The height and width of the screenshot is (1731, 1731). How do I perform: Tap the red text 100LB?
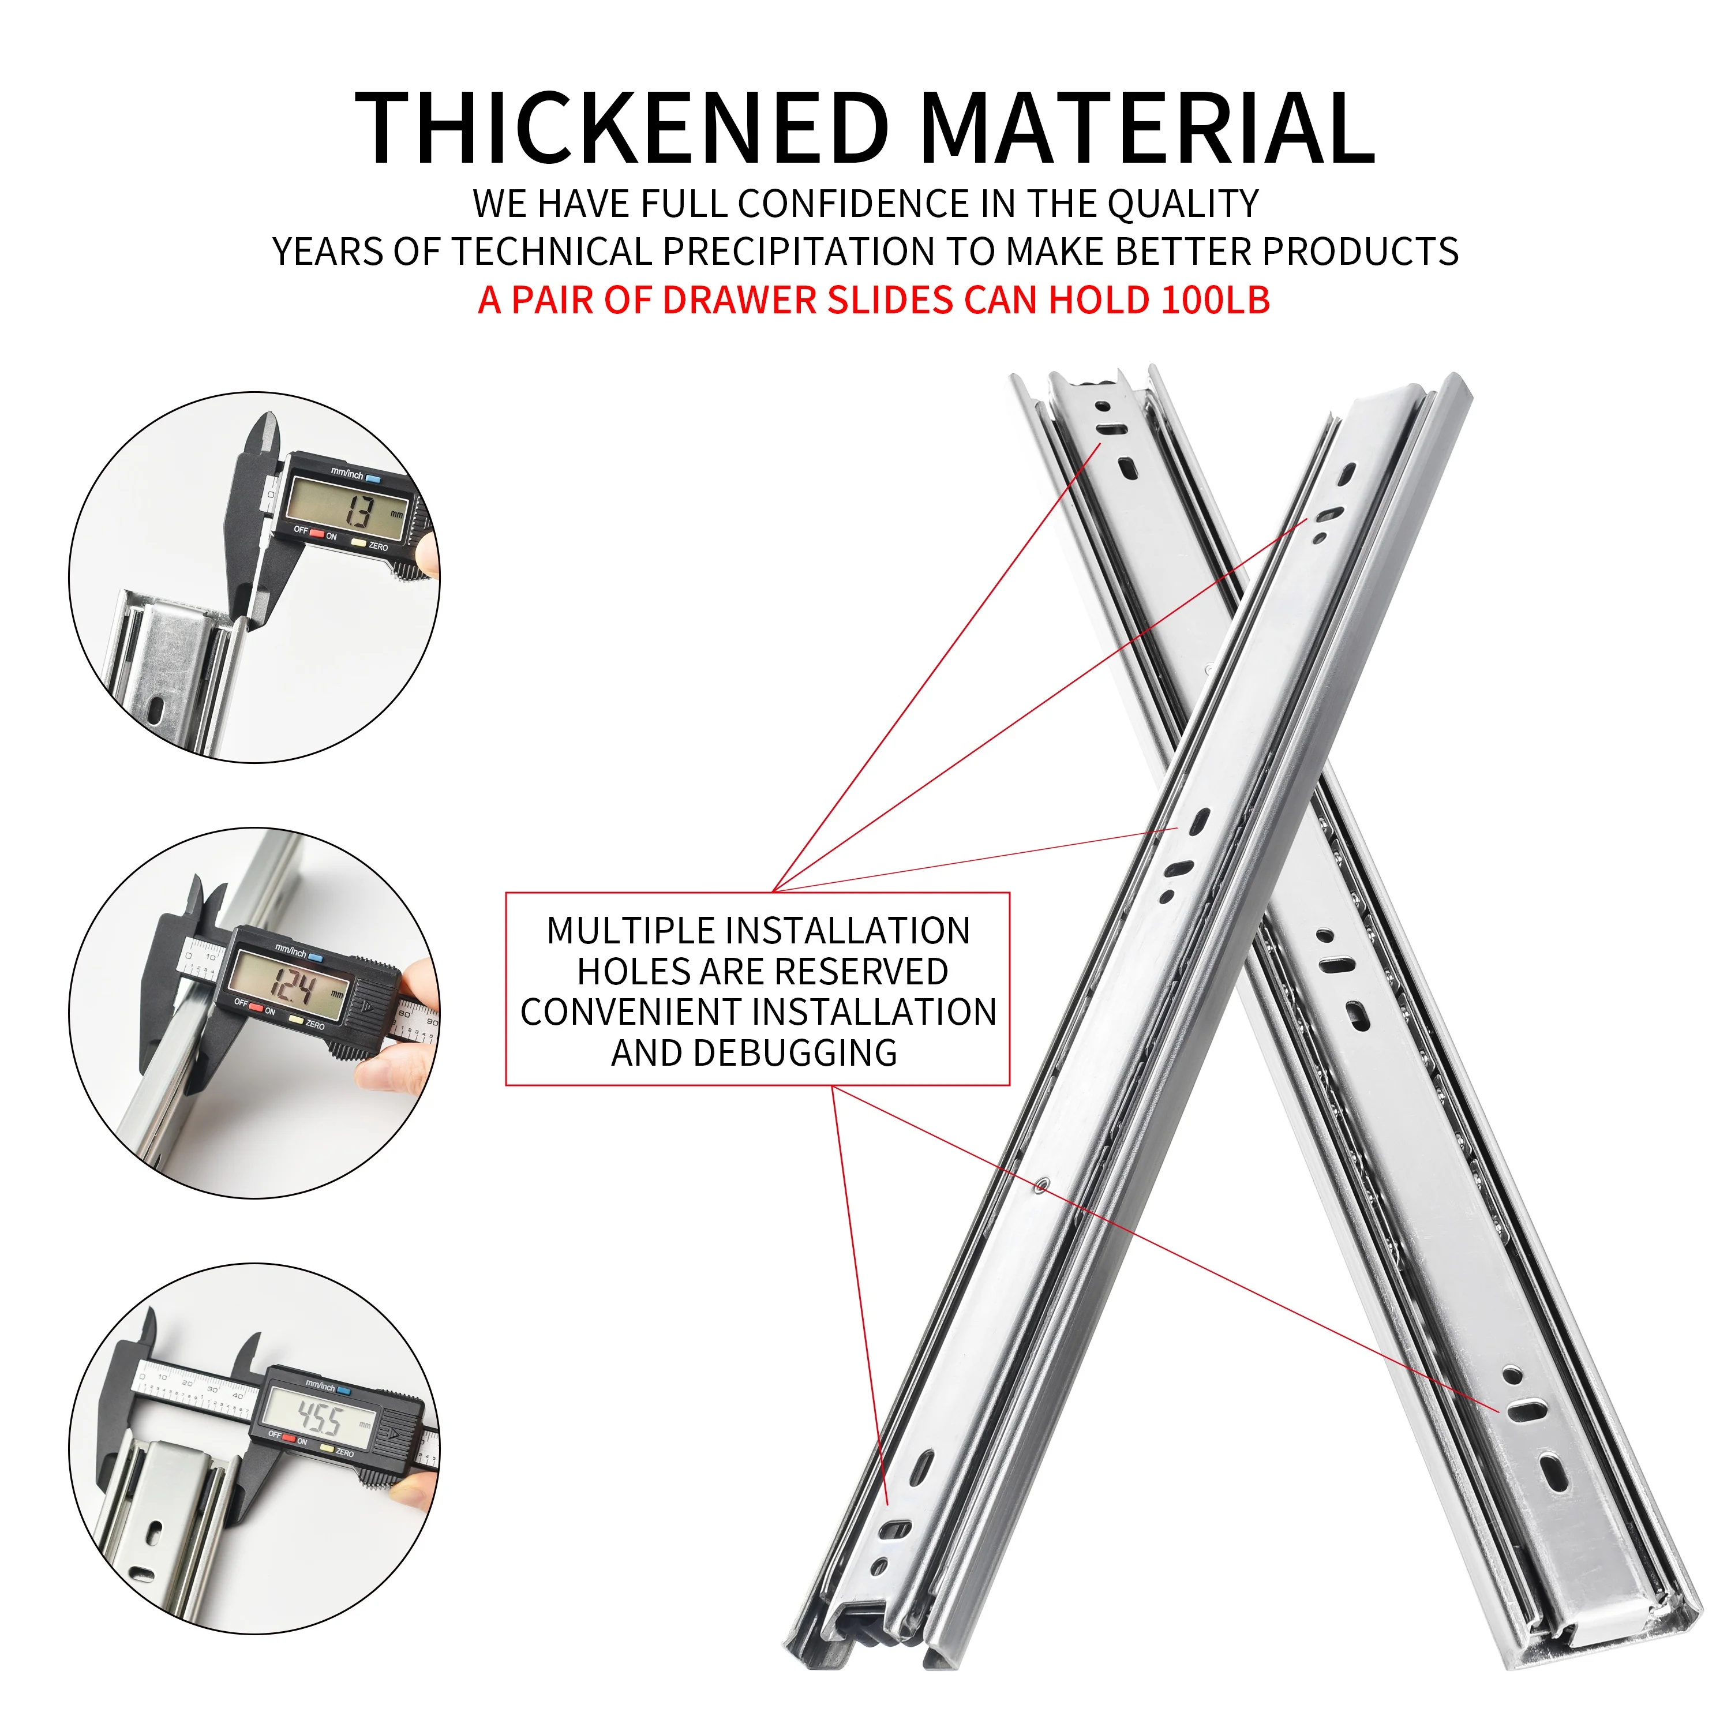pyautogui.click(x=1215, y=299)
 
